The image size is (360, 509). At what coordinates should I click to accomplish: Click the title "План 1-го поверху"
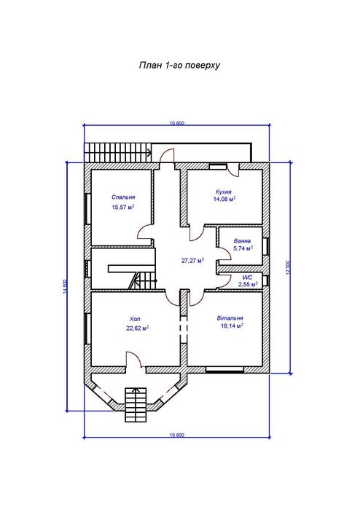pyautogui.click(x=180, y=66)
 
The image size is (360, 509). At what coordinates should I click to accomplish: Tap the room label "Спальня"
pyautogui.click(x=123, y=197)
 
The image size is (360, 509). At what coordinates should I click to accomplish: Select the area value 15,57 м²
pyautogui.click(x=123, y=207)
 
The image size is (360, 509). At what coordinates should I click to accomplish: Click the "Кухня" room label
pyautogui.click(x=224, y=192)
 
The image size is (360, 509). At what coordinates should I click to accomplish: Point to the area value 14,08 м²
pyautogui.click(x=224, y=199)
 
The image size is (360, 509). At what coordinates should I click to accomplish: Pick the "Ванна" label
pyautogui.click(x=242, y=241)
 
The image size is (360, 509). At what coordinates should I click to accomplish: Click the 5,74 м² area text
pyautogui.click(x=243, y=248)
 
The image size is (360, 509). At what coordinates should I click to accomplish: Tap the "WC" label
pyautogui.click(x=247, y=278)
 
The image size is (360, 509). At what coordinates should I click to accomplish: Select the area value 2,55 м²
pyautogui.click(x=249, y=285)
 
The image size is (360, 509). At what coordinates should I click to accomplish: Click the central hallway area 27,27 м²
pyautogui.click(x=192, y=261)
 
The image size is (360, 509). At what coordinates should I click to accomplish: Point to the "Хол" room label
pyautogui.click(x=135, y=319)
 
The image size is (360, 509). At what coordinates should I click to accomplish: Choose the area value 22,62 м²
pyautogui.click(x=138, y=328)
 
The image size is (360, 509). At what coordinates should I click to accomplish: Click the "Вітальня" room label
pyautogui.click(x=230, y=318)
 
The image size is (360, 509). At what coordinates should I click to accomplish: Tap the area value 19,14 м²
pyautogui.click(x=232, y=326)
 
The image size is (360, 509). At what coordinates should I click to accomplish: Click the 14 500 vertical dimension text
pyautogui.click(x=65, y=287)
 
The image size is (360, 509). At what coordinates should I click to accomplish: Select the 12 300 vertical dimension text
pyautogui.click(x=288, y=268)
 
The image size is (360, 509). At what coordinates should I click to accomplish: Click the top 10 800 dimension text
pyautogui.click(x=177, y=123)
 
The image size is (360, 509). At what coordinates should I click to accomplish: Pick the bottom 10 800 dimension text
pyautogui.click(x=177, y=435)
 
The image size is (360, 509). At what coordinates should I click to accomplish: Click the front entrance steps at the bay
pyautogui.click(x=135, y=404)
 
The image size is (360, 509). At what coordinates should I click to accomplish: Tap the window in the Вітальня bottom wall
pyautogui.click(x=225, y=369)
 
